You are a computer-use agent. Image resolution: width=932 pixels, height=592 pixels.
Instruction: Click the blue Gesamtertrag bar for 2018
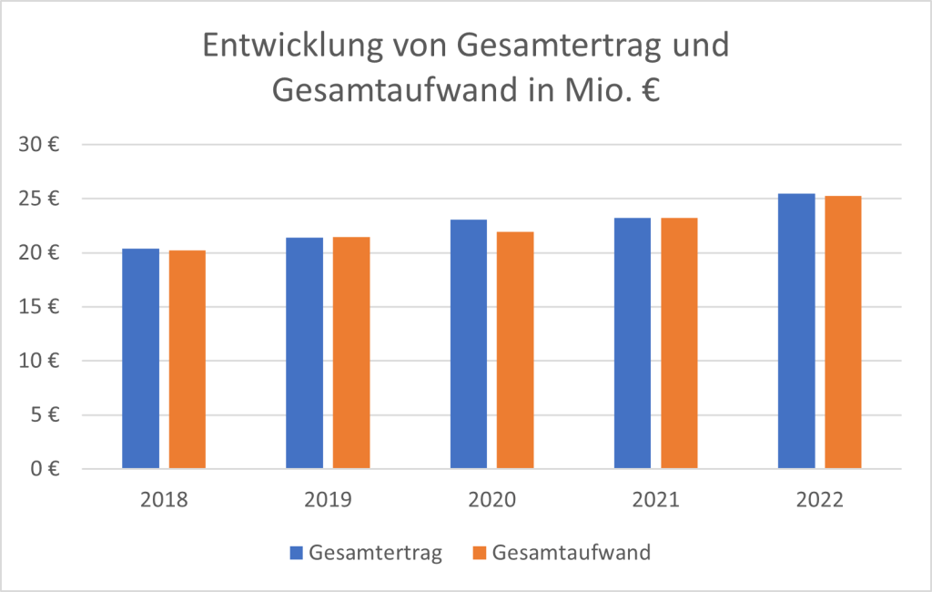coord(140,359)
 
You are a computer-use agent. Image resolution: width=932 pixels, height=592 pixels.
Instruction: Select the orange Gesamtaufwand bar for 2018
coord(187,360)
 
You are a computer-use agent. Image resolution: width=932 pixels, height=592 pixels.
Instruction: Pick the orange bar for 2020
coord(515,351)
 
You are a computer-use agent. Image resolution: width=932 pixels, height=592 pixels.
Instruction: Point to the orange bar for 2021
coord(679,343)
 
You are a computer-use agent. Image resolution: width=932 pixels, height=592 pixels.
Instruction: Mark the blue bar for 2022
coord(796,332)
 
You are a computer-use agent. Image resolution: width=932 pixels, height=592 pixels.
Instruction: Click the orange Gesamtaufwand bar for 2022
coord(843,332)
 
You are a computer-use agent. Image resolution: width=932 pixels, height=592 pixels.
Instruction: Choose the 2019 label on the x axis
coord(328,500)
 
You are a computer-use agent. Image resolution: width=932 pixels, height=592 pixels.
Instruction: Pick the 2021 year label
coord(655,500)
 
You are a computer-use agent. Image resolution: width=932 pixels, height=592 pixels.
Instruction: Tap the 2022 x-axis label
coord(819,500)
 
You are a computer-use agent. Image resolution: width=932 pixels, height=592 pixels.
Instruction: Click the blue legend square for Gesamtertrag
coord(296,553)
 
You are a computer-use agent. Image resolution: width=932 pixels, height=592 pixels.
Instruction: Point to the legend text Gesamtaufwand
coord(571,553)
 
